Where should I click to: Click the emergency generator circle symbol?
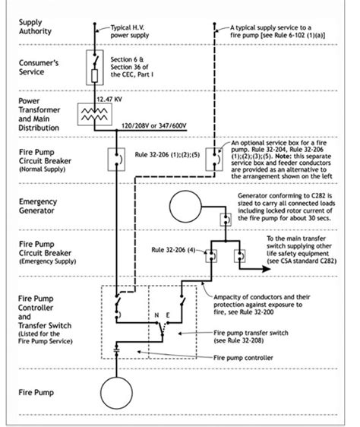(185, 191)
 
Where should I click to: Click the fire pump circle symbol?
(116, 377)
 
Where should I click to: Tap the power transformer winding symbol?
(94, 115)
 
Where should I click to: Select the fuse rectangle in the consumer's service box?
(94, 76)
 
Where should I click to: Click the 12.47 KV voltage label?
(109, 99)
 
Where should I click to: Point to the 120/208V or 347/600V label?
(154, 125)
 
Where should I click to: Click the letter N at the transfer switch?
(156, 315)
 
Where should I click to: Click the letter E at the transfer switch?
(168, 315)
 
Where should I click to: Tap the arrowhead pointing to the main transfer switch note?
(266, 269)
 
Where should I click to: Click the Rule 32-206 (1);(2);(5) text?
(167, 155)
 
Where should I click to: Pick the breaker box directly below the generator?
(226, 220)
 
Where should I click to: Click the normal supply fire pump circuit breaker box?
(116, 160)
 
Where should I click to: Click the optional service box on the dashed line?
(214, 160)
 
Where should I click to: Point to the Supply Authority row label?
(35, 27)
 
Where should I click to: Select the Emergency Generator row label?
(38, 206)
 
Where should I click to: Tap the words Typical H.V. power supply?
(130, 31)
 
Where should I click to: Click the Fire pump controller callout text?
(243, 358)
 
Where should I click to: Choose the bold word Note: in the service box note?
(286, 157)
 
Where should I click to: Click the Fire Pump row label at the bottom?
(36, 392)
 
